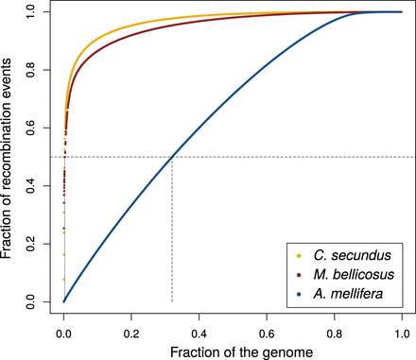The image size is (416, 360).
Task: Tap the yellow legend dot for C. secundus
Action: point(300,255)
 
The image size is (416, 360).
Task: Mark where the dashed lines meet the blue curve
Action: point(171,157)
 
